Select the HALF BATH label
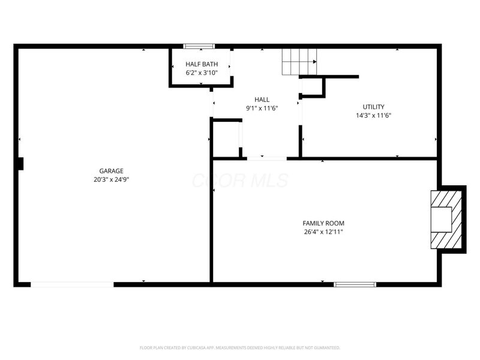click(x=202, y=64)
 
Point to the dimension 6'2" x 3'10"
click(x=202, y=73)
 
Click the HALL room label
click(x=262, y=100)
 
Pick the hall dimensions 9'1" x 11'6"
click(x=262, y=108)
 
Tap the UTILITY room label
click(x=373, y=107)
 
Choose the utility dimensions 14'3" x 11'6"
click(x=373, y=115)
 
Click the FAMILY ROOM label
click(x=323, y=223)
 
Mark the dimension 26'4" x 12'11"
click(x=323, y=232)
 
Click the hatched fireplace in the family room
click(x=448, y=220)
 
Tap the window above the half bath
click(x=199, y=46)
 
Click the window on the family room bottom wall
click(x=355, y=284)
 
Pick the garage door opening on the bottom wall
click(x=72, y=284)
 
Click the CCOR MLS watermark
click(x=240, y=181)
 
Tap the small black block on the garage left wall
click(x=20, y=163)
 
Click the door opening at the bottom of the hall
click(x=266, y=158)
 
